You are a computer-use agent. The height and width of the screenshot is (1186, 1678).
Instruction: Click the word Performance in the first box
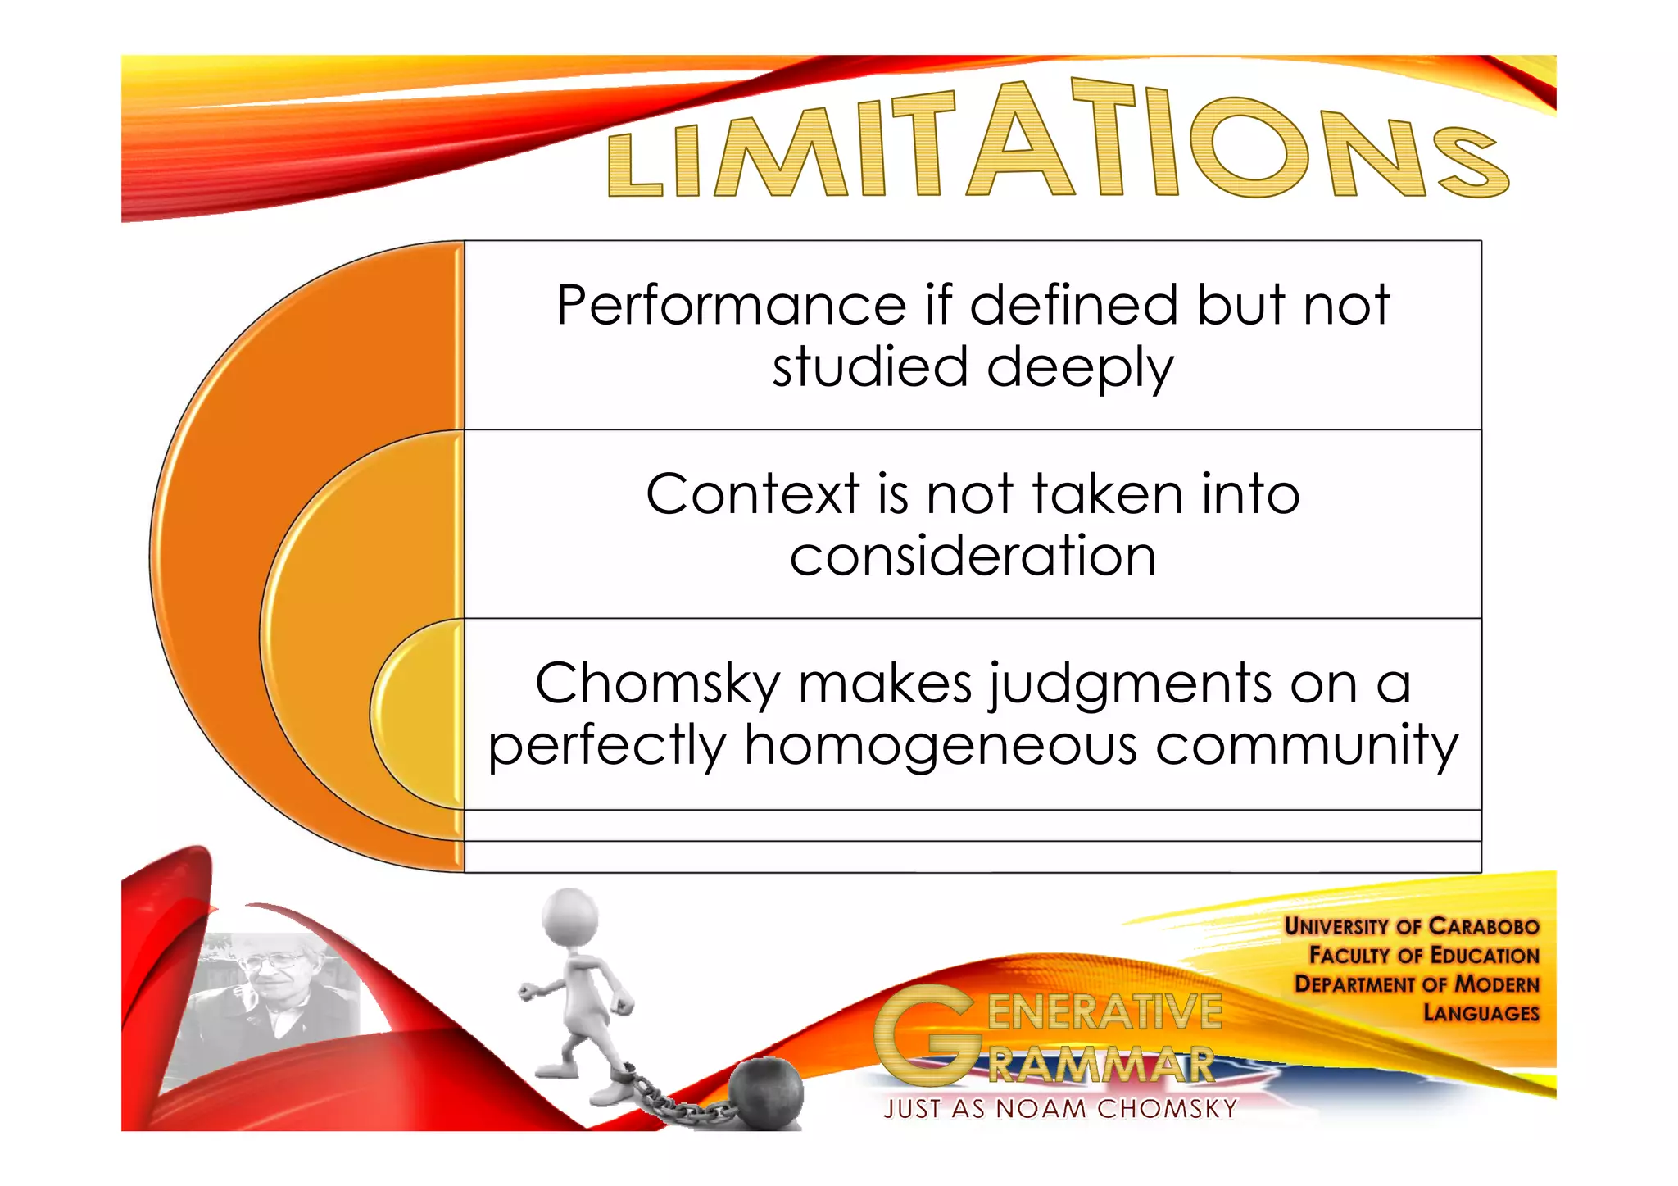coord(731,306)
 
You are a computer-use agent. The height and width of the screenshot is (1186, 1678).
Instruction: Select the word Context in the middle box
coord(752,494)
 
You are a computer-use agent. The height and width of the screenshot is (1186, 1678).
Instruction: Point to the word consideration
coord(973,557)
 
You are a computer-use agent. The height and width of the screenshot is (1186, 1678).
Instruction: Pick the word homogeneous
coord(941,746)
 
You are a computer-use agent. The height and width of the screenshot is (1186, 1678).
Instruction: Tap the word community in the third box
coord(1307,746)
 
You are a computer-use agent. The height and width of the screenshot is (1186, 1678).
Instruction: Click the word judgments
coord(1130,684)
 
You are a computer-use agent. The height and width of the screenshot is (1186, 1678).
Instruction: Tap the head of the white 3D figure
coord(571,917)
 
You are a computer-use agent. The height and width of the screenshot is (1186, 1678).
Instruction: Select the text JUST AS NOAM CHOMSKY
coord(1059,1109)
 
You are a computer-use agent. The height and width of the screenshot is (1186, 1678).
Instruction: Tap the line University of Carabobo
coord(1411,926)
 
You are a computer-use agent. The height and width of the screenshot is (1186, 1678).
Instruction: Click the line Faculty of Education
coord(1423,955)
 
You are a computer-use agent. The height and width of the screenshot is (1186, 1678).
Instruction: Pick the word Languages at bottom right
coord(1481,1013)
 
